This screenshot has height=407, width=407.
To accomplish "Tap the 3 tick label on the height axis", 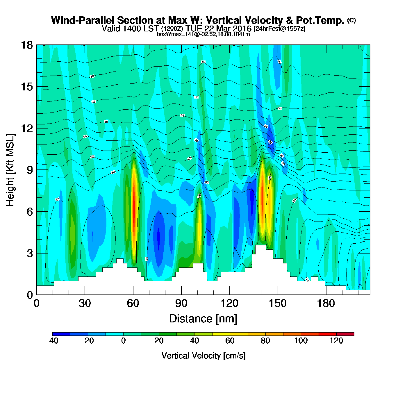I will pyautogui.click(x=30, y=253).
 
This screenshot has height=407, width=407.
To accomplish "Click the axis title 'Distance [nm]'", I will pyautogui.click(x=203, y=319).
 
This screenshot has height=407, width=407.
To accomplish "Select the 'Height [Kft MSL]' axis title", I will pyautogui.click(x=10, y=170).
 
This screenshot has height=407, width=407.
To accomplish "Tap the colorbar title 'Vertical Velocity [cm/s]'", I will pyautogui.click(x=203, y=356).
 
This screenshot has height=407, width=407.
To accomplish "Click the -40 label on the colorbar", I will pyautogui.click(x=52, y=341).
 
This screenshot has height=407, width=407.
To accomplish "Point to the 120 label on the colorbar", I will pyautogui.click(x=336, y=341).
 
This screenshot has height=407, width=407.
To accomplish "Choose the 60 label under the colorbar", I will pyautogui.click(x=230, y=341).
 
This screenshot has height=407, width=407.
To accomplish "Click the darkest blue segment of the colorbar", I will pyautogui.click(x=61, y=334).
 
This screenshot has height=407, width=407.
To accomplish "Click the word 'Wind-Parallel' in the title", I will pyautogui.click(x=83, y=21).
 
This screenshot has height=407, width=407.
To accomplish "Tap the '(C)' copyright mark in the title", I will pyautogui.click(x=351, y=20).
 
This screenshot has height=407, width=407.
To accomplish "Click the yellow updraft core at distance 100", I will pyautogui.click(x=199, y=224).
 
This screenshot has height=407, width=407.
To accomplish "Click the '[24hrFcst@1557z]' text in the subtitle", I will pyautogui.click(x=279, y=29).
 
